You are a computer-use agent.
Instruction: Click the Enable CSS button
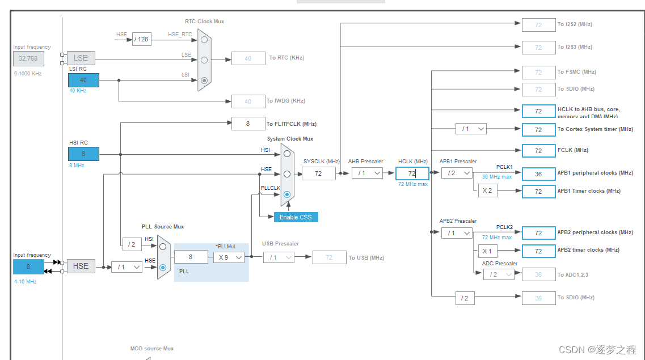(x=296, y=217)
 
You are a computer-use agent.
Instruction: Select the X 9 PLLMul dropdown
(x=229, y=257)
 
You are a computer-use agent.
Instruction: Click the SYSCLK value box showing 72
(x=318, y=173)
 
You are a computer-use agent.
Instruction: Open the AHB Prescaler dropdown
(x=367, y=173)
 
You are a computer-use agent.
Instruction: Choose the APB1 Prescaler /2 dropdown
(x=457, y=173)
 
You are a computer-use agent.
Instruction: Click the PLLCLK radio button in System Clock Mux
(x=287, y=194)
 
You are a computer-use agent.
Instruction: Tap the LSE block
(x=81, y=58)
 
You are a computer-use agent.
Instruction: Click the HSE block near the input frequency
(x=81, y=266)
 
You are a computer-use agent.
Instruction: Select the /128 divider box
(x=142, y=39)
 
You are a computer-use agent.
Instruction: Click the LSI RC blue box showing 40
(x=83, y=80)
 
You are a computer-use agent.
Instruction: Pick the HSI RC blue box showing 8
(x=83, y=154)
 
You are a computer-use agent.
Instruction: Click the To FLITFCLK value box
(x=248, y=124)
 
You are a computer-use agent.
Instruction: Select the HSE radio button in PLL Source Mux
(x=163, y=267)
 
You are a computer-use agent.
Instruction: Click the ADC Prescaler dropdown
(x=499, y=274)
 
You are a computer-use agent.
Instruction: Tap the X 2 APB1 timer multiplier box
(x=487, y=191)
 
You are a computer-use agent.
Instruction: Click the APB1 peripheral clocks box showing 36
(x=538, y=174)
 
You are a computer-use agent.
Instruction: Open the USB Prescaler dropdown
(x=279, y=257)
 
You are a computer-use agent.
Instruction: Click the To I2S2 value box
(x=538, y=25)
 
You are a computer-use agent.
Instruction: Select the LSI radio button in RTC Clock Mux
(x=204, y=81)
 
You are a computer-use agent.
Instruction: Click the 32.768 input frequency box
(x=28, y=58)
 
